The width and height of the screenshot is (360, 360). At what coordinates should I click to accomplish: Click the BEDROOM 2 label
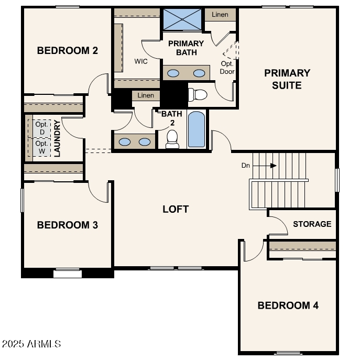tap(68, 51)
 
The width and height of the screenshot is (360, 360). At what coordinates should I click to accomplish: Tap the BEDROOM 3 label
tap(68, 225)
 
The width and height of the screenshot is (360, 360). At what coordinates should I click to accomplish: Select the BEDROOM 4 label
tap(288, 305)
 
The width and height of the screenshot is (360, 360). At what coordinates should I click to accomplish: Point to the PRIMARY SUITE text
tap(287, 79)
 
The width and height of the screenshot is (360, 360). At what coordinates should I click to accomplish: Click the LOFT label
tap(176, 209)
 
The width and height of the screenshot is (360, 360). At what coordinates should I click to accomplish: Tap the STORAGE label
tap(312, 224)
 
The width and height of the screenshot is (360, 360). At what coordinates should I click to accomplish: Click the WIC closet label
tap(141, 61)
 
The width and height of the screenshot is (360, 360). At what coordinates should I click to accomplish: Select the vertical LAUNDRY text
tap(57, 138)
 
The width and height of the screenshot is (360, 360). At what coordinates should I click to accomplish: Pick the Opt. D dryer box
tap(41, 128)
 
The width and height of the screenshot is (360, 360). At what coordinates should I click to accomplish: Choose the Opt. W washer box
tap(41, 147)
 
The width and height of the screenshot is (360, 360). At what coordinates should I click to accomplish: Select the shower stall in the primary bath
tap(182, 19)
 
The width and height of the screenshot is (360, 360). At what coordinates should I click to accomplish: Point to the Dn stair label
tap(245, 166)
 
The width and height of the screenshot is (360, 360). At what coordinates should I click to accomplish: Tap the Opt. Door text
tap(227, 68)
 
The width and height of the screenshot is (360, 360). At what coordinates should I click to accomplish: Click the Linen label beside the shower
tap(220, 14)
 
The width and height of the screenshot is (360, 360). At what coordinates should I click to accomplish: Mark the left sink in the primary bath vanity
tap(174, 73)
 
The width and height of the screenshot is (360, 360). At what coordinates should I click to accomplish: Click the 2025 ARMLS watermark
tap(31, 344)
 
